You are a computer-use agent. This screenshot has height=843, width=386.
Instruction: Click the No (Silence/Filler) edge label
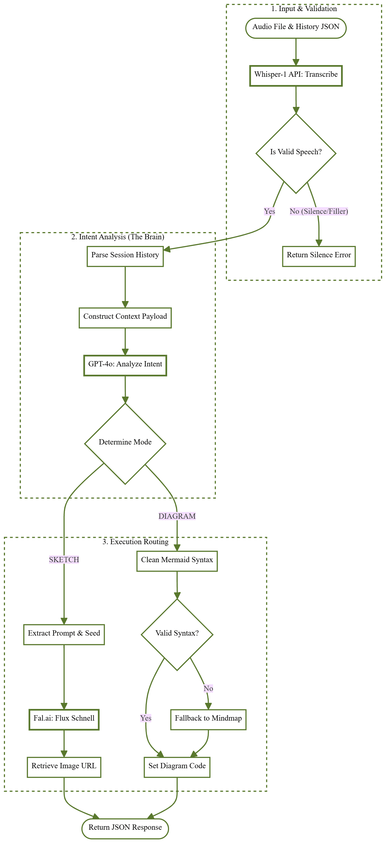(x=319, y=211)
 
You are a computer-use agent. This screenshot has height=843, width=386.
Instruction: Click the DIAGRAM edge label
(x=177, y=516)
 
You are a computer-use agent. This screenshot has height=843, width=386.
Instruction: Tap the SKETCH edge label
(x=64, y=560)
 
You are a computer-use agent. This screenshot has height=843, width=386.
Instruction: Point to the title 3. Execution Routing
(x=135, y=542)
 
